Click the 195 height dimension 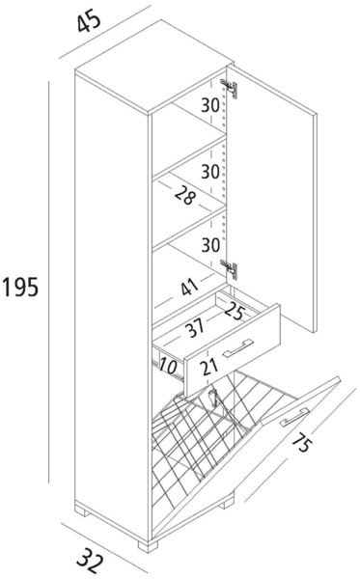coord(20,287)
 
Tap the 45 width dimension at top coord(89,21)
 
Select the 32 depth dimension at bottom coord(91,560)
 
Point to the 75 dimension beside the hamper coord(301,440)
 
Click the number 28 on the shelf coord(184,195)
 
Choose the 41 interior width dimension coord(189,287)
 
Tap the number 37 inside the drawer coord(195,327)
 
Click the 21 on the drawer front coord(209,367)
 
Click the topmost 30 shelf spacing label coord(210,105)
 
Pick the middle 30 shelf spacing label coord(210,172)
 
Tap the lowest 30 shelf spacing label coord(210,244)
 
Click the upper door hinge coord(230,89)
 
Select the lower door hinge coord(230,269)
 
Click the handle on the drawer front coord(238,348)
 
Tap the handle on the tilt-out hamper coord(294,417)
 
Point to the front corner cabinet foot coord(148,546)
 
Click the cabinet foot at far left coord(81,511)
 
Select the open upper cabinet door coord(272,198)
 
